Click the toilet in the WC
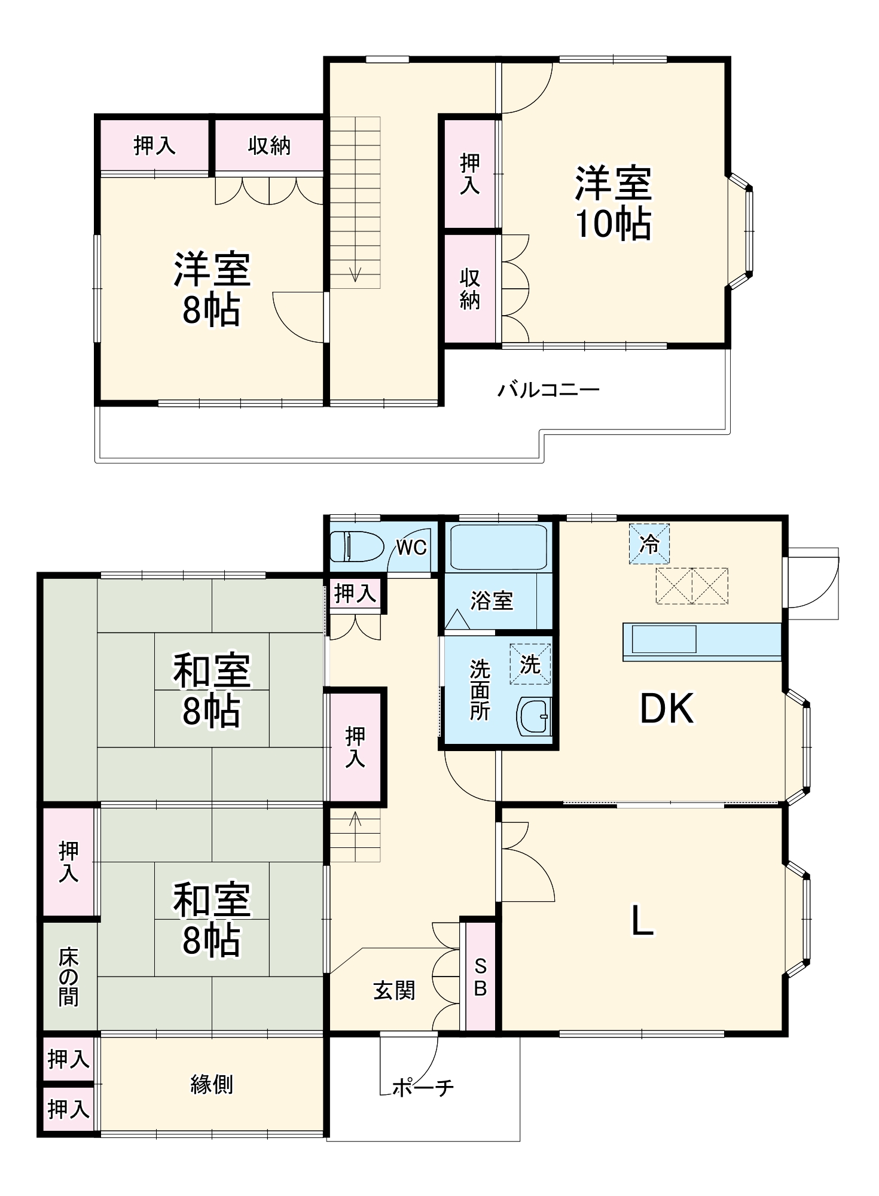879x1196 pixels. pos(356,546)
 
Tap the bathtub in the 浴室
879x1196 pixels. pos(498,547)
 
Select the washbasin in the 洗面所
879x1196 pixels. pos(534,716)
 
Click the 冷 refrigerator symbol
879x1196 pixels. pos(649,544)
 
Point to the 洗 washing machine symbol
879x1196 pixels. pos(530,664)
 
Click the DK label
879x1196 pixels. pos(667,709)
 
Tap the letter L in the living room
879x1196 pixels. pos(642,920)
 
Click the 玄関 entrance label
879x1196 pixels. pos(394,991)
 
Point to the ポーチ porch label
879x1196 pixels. pos(423,1087)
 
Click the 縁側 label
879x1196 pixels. pos(212,1084)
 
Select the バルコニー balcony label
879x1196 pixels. pos(548,390)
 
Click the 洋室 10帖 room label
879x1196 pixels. pos(613,203)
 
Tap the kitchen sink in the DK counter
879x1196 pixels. pos(664,639)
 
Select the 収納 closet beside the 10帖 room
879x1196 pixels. pos(470,289)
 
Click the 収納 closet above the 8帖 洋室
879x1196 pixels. pos(269,145)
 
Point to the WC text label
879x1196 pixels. pos(411,547)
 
